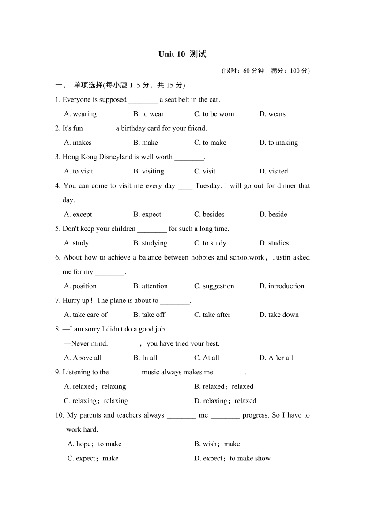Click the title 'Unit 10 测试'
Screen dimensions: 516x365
tap(182, 54)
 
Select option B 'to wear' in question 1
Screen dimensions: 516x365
tap(148, 114)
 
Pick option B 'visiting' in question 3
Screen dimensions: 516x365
tap(148, 171)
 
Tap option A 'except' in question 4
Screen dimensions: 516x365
tap(78, 215)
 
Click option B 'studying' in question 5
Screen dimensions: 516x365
tap(150, 243)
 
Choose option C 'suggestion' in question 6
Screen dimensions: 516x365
tap(214, 286)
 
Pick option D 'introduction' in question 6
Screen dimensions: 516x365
tap(282, 286)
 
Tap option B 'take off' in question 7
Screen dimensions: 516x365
tap(149, 315)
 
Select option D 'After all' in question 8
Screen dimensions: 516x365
tap(276, 358)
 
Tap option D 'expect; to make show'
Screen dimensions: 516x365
tap(232, 458)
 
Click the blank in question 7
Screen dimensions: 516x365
tap(174, 301)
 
